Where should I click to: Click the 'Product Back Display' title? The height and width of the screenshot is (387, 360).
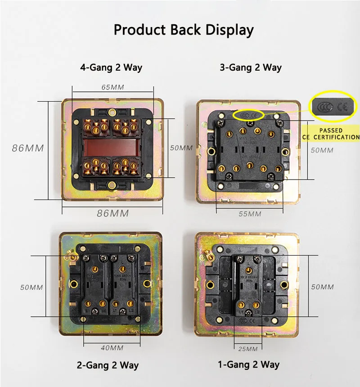[x=184, y=30]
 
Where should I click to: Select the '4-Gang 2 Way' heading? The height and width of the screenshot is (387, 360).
[x=111, y=68]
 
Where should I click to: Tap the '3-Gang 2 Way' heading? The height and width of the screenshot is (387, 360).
[x=251, y=68]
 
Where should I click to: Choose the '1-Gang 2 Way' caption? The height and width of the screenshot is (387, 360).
[x=248, y=364]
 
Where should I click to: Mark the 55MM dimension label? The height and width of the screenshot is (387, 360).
[x=250, y=214]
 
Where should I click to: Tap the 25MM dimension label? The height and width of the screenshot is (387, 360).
[x=247, y=349]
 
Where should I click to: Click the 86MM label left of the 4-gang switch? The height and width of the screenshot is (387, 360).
[x=28, y=148]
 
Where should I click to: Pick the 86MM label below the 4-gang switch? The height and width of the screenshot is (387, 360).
[x=113, y=213]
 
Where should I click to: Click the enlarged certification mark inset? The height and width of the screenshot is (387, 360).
[x=334, y=108]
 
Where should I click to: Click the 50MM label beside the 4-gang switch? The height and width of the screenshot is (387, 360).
[x=181, y=148]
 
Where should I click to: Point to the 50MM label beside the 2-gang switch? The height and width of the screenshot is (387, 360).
[x=31, y=287]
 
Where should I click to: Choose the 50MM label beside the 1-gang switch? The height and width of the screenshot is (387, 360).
[x=323, y=287]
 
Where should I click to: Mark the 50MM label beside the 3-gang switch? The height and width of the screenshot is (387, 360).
[x=322, y=150]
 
